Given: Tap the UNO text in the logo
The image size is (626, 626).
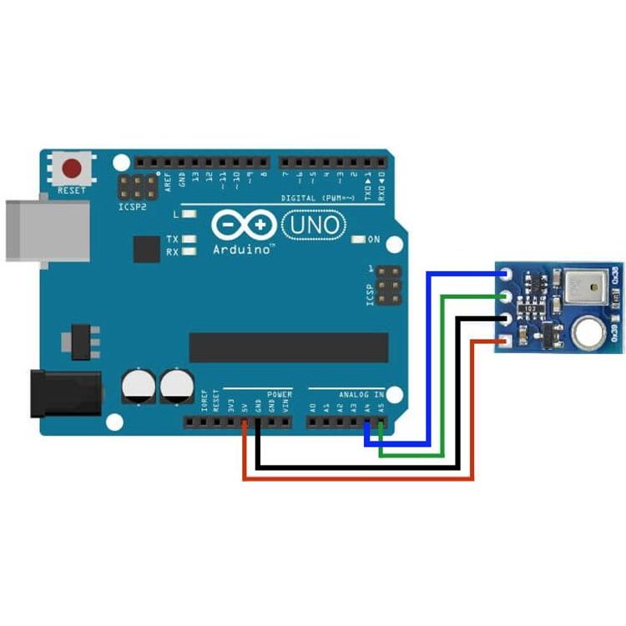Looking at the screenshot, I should pyautogui.click(x=315, y=225).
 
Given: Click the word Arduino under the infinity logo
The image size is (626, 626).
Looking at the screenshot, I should pyautogui.click(x=243, y=249).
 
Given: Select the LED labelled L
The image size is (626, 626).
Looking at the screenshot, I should pyautogui.click(x=189, y=215).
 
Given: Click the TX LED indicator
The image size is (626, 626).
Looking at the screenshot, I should pyautogui.click(x=189, y=239).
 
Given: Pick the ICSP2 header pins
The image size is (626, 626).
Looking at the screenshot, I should pyautogui.click(x=135, y=187).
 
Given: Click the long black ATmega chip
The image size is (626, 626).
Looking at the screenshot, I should pyautogui.click(x=289, y=347).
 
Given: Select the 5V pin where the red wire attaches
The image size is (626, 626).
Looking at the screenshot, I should pyautogui.click(x=244, y=422).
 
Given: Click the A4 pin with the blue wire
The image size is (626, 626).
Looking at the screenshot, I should pyautogui.click(x=368, y=422).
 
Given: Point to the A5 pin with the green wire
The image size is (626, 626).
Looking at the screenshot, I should pyautogui.click(x=381, y=422).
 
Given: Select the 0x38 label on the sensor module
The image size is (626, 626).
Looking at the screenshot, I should pyautogui.click(x=616, y=277).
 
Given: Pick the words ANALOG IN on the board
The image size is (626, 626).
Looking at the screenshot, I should pyautogui.click(x=361, y=394).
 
